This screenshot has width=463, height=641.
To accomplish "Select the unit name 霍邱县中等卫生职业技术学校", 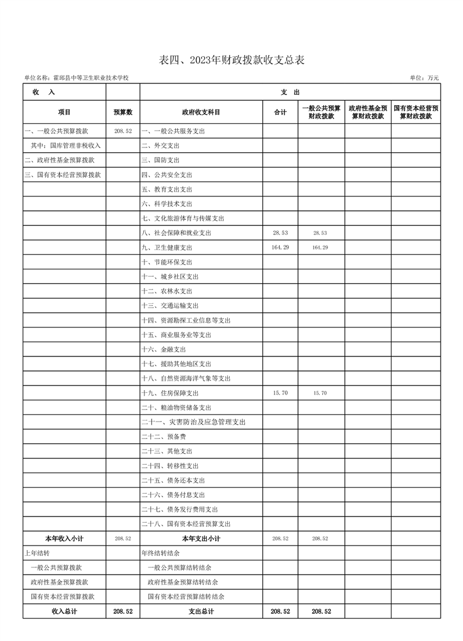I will tap(91, 78).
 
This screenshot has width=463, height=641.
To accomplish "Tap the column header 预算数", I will tap(123, 112).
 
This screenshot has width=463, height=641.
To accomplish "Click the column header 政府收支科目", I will tap(201, 112).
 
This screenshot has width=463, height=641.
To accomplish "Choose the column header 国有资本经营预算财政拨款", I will tap(416, 112).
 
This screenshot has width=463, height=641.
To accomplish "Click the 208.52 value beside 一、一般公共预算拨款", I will tap(123, 131).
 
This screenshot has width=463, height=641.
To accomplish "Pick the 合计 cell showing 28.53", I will tap(280, 233).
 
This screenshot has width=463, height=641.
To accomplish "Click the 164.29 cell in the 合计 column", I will tap(280, 247).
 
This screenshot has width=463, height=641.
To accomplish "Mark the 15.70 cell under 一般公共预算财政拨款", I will tap(320, 393).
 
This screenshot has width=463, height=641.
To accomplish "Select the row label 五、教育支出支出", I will tap(167, 190).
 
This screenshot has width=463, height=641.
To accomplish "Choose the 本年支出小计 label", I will tap(201, 538).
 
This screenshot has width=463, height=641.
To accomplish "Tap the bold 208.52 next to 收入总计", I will tap(123, 611).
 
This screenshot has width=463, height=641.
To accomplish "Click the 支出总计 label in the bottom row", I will tap(201, 611).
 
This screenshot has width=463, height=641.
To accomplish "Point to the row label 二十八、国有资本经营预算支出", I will tap(186, 524).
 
